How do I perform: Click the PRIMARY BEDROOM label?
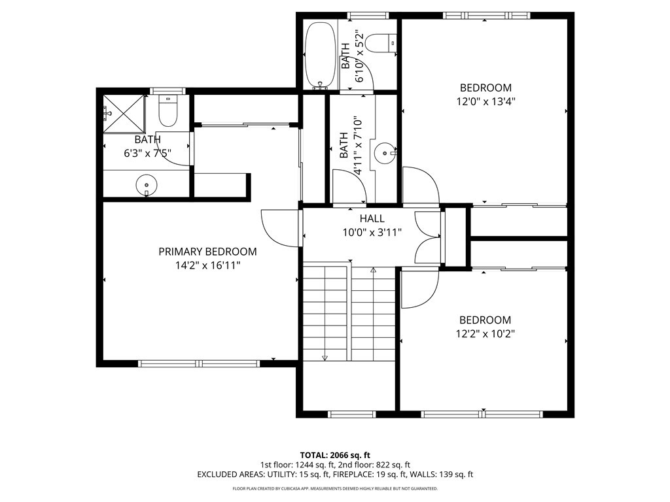[207, 252]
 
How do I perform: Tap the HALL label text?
[372, 218]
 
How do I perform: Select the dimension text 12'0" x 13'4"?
[486, 101]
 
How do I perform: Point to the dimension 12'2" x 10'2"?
[485, 334]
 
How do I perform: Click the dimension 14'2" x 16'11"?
[207, 265]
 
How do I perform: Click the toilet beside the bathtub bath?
[382, 43]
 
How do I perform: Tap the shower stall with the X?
[124, 114]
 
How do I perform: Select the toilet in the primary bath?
[167, 111]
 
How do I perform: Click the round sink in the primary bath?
[147, 186]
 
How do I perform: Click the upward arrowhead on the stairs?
[373, 270]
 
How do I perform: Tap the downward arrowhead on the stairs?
[325, 358]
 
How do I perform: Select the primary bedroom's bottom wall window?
[199, 363]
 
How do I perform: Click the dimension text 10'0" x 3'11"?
[372, 233]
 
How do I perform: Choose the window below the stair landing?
[351, 414]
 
